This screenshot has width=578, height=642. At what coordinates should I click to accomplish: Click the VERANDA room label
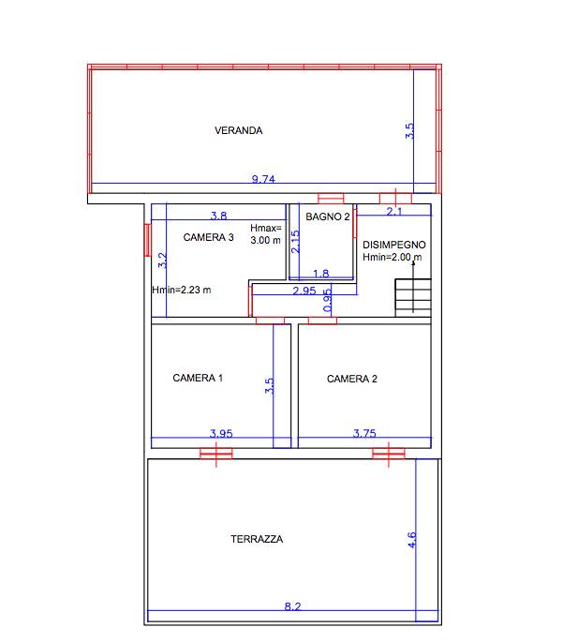click(x=238, y=130)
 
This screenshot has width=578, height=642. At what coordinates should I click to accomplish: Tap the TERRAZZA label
click(x=257, y=539)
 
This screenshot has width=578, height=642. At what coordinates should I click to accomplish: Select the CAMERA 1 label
click(x=198, y=378)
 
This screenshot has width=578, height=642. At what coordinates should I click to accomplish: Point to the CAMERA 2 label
click(x=351, y=379)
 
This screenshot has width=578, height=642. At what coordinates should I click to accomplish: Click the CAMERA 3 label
click(x=208, y=237)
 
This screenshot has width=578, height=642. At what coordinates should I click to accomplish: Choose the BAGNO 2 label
click(x=328, y=216)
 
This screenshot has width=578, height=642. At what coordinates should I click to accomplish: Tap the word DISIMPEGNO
click(x=394, y=245)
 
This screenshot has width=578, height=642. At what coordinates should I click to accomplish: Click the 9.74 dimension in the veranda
click(x=263, y=179)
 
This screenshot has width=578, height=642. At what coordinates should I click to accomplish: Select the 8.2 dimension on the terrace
click(x=292, y=606)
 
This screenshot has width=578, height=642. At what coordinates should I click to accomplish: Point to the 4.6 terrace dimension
click(x=412, y=539)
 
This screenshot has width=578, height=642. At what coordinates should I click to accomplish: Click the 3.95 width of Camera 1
click(x=221, y=433)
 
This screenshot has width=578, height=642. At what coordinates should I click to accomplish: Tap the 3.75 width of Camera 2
click(x=364, y=433)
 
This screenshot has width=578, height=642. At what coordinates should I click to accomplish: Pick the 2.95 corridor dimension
click(x=304, y=291)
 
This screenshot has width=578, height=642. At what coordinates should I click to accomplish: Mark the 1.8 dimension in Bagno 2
click(x=320, y=274)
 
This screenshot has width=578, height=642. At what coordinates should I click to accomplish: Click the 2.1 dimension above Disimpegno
click(x=394, y=211)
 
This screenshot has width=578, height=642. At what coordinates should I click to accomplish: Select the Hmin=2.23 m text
click(x=182, y=290)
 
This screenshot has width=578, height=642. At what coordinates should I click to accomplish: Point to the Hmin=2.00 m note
click(x=393, y=257)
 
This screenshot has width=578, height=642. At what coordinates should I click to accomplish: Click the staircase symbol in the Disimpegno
click(x=413, y=298)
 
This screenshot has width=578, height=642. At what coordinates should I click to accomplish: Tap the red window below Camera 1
click(x=216, y=454)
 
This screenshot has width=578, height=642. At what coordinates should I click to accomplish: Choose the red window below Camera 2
click(x=389, y=454)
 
